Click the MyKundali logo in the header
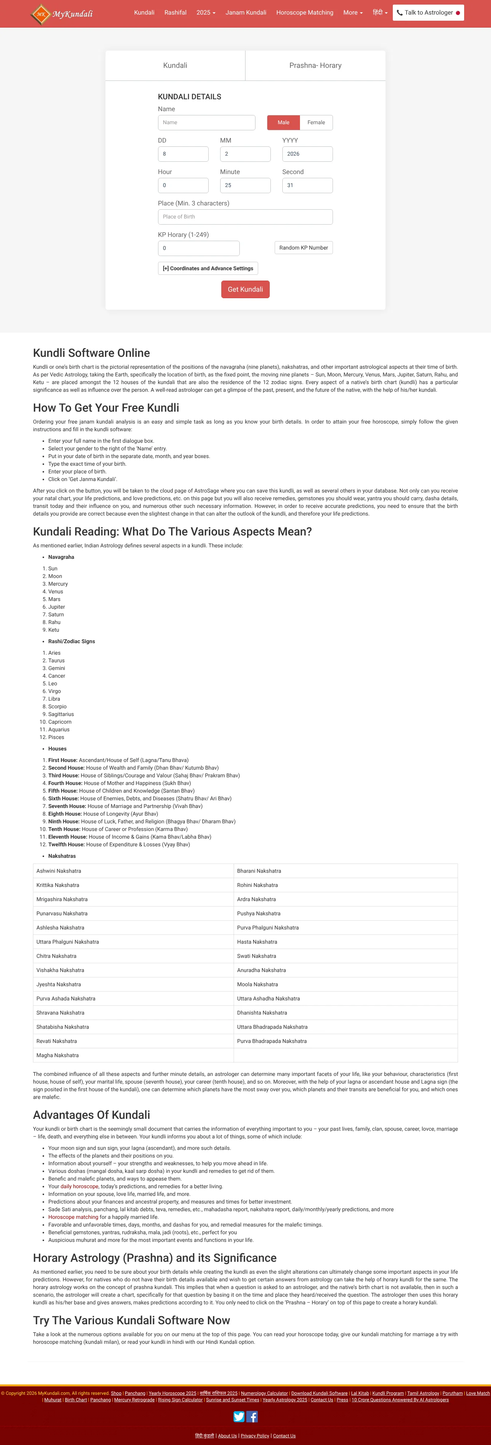(x=62, y=13)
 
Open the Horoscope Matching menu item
(x=305, y=12)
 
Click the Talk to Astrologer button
(x=428, y=12)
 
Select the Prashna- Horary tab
(x=315, y=66)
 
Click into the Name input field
(x=206, y=122)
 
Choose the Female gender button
(x=316, y=122)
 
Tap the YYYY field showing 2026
(x=307, y=154)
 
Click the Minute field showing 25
(x=245, y=185)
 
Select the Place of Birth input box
(x=245, y=217)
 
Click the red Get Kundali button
(x=245, y=289)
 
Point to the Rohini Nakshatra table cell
(x=257, y=885)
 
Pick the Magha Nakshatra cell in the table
(x=58, y=1055)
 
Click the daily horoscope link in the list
(x=79, y=1186)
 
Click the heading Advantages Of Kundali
(x=91, y=1115)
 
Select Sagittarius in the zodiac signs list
(x=61, y=714)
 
